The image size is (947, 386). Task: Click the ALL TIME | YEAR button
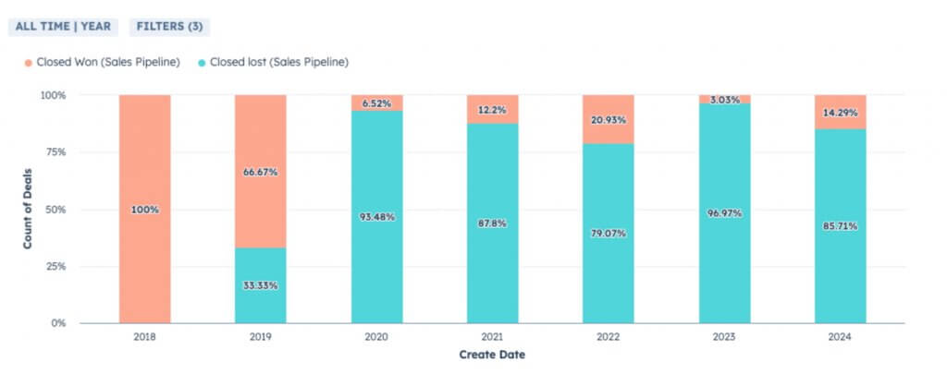click(x=63, y=26)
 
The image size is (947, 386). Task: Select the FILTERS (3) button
click(x=169, y=26)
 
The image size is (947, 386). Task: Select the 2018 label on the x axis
click(x=144, y=337)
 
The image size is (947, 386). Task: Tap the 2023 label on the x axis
click(x=724, y=337)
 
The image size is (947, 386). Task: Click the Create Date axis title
click(x=492, y=355)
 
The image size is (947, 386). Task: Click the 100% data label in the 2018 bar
click(x=144, y=210)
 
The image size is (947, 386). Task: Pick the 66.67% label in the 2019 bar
click(x=260, y=172)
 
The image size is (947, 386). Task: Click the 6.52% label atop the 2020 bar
click(x=376, y=103)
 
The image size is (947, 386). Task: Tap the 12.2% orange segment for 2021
click(x=492, y=109)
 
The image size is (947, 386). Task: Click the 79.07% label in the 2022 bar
click(x=608, y=234)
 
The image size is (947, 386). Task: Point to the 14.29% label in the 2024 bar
click(x=840, y=113)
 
